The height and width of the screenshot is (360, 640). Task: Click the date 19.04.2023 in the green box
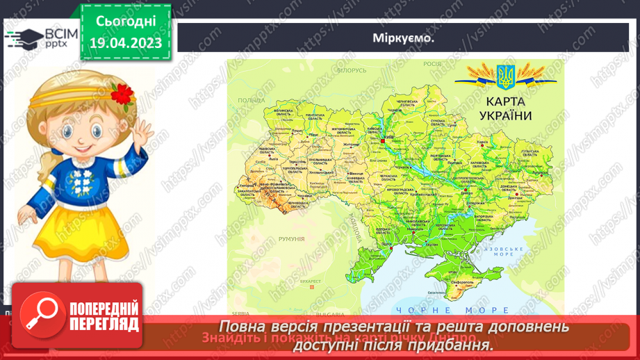126,43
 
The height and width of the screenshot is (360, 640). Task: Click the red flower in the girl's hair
121,93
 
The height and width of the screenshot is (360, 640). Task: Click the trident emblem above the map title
505,76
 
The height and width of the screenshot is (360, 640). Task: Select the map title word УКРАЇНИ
505,115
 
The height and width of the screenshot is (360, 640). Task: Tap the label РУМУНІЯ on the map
291,239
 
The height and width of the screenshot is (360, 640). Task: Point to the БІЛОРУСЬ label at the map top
352,70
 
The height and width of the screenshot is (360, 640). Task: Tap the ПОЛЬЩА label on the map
252,100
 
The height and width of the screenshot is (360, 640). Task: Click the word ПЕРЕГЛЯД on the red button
104,324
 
